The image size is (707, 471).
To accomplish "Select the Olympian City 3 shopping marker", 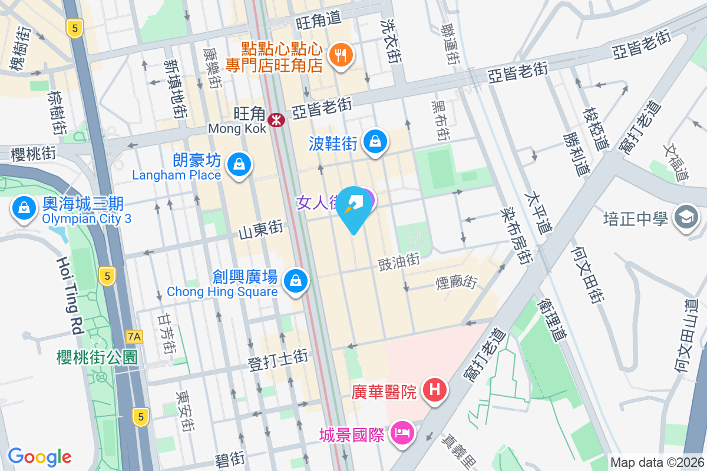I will (x=24, y=208).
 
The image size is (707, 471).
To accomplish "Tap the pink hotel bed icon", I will (x=402, y=433).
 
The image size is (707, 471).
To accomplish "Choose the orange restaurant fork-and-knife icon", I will (x=341, y=55).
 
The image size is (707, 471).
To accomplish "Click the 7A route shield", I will (x=134, y=336).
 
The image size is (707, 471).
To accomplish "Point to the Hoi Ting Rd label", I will (x=70, y=295).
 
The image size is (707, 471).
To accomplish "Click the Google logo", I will (x=39, y=457).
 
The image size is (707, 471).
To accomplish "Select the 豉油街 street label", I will (x=398, y=259).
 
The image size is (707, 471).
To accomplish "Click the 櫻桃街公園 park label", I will (x=97, y=357).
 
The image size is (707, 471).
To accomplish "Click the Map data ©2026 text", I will (x=656, y=463).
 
